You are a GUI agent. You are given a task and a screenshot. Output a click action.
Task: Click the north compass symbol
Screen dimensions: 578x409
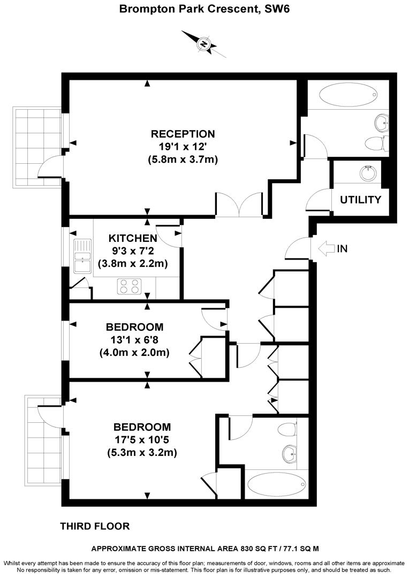[204, 44]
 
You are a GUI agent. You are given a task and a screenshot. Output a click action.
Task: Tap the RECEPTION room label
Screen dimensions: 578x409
[183, 134]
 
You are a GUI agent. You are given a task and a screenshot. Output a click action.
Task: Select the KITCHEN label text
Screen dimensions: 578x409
[132, 238]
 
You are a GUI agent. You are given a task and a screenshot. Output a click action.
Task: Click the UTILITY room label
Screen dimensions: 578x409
[361, 200]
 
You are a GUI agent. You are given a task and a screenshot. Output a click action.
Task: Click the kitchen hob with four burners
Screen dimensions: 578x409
[128, 287]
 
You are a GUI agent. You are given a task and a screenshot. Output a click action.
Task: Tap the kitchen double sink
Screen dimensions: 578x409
[82, 257]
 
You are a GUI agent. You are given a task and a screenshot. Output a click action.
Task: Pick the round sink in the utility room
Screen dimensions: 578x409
[368, 173]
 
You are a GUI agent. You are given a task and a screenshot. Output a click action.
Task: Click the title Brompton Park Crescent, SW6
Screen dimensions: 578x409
[204, 9]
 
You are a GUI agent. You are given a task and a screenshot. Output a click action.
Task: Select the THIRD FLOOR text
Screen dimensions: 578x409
[95, 526]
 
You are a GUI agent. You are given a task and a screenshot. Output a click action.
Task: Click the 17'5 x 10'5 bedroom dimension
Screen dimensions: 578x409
[142, 439]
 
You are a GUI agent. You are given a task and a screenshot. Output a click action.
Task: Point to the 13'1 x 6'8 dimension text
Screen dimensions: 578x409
[134, 340]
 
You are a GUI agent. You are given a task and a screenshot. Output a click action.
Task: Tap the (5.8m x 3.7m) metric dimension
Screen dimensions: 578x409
[183, 159]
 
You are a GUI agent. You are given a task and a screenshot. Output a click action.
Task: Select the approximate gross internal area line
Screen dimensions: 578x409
[205, 549]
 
